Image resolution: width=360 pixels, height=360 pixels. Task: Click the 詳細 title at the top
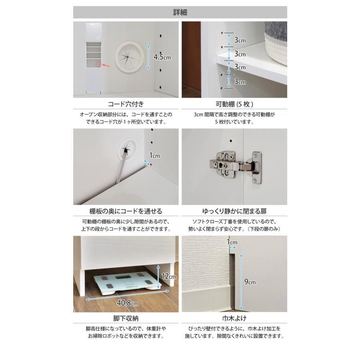180,12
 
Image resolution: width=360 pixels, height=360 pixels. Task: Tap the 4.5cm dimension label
162,57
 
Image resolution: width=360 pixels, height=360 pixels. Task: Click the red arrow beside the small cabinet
106,66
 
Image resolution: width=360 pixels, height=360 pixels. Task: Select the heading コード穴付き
126,104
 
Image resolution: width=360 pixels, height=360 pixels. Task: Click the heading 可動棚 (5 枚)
234,104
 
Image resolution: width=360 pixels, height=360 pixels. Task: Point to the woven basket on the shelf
276,42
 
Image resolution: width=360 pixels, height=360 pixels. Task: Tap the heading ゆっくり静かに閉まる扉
234,211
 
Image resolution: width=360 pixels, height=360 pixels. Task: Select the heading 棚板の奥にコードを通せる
126,211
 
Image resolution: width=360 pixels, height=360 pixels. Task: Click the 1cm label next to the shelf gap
154,156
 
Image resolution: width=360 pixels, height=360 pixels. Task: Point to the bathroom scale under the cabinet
128,283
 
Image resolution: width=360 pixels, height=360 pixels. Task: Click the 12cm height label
169,276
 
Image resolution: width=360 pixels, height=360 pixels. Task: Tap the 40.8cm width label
128,303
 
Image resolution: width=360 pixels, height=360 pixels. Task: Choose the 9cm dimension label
250,282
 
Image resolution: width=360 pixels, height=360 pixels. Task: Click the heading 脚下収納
126,318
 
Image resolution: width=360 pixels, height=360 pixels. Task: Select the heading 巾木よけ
234,318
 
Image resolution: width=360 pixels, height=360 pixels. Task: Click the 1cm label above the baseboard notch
232,242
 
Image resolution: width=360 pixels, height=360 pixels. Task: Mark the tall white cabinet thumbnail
94,58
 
